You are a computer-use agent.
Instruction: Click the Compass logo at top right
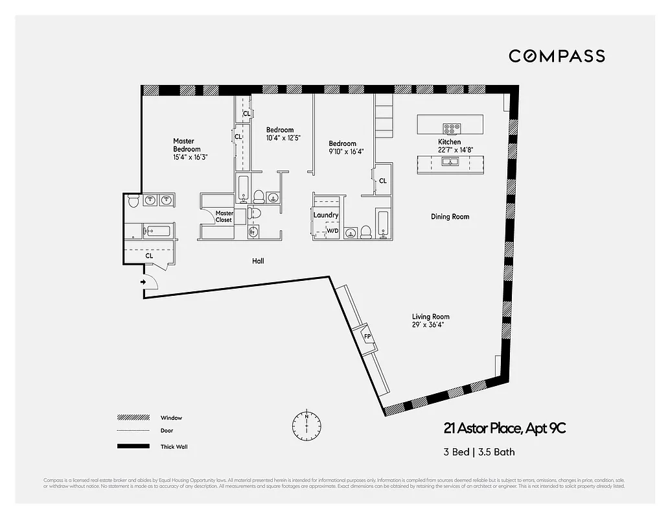point(557,56)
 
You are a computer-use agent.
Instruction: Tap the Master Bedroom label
point(183,145)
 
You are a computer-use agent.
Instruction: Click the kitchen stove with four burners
point(450,128)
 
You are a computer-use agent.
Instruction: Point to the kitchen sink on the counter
point(450,162)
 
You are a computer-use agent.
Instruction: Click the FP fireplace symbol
point(367,336)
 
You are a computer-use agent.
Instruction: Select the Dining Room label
point(450,217)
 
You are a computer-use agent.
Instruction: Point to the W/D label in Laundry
point(332,231)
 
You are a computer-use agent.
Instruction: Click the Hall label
point(259,261)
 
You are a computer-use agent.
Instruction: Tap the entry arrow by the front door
point(143,282)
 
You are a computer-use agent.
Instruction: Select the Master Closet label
point(224,217)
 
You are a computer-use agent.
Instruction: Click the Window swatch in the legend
point(128,418)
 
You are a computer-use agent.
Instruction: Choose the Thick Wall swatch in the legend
point(128,446)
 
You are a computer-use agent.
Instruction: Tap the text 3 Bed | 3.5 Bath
point(479,452)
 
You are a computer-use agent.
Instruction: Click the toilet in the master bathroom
point(133,200)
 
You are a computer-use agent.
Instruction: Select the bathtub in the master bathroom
point(157,230)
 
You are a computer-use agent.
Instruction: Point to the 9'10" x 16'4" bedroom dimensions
point(346,152)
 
